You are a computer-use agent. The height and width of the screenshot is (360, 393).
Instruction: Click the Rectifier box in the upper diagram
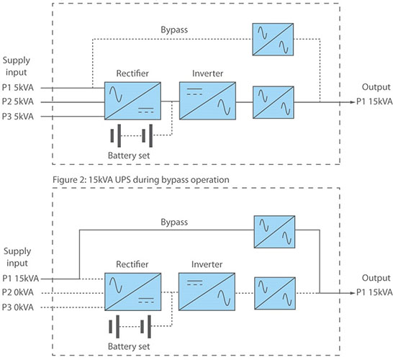pos(132,101)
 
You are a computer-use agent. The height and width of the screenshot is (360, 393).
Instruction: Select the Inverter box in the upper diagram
pos(207,101)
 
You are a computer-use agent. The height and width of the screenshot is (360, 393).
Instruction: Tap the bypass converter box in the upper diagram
pos(273,40)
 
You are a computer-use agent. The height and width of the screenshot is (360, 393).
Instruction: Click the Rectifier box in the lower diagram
pos(133,292)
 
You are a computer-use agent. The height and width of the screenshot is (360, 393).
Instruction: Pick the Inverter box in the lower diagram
pos(207,292)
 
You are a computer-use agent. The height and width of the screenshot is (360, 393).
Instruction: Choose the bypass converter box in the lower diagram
pos(274,232)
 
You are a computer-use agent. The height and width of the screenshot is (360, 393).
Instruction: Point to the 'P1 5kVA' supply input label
pos(18,88)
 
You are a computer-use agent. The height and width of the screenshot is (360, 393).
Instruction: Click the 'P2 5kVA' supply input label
pos(18,102)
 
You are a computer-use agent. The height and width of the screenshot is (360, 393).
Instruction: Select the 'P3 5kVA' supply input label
pos(18,117)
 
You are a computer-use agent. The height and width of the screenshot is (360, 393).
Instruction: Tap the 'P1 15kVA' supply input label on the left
pos(21,278)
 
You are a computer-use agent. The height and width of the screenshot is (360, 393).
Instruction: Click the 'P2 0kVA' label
pos(18,292)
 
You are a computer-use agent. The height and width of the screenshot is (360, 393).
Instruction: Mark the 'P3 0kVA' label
pos(18,307)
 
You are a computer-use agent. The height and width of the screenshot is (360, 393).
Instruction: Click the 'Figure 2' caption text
pos(141,180)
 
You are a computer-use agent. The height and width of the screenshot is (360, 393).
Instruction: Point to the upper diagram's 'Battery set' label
pos(129,156)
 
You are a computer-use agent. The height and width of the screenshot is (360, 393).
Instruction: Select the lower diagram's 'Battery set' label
pos(129,346)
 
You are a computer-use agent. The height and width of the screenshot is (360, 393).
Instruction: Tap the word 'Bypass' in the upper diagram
pos(174,30)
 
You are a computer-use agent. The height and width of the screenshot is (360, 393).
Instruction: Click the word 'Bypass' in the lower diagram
pos(174,222)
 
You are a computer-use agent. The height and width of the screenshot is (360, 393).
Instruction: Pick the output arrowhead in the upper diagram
pos(353,102)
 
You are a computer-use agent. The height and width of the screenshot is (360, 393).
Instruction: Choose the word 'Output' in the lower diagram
pos(376,278)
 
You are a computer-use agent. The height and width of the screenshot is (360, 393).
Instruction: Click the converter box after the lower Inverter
pos(275,293)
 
